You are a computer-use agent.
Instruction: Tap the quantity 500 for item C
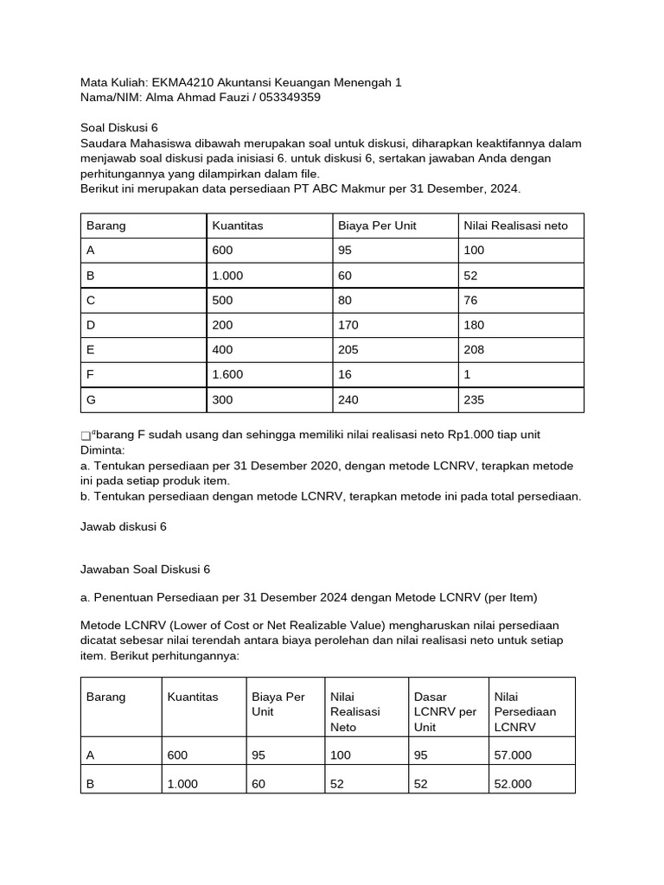coord(222,300)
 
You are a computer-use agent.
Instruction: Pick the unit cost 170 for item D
coord(348,325)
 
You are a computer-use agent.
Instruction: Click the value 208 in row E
coord(474,350)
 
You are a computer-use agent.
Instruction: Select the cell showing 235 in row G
coord(474,400)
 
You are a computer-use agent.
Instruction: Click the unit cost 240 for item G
coord(348,400)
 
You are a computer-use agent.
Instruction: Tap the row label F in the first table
coord(90,375)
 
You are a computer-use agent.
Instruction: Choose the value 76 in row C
coord(470,300)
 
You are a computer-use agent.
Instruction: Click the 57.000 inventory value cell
coord(513,754)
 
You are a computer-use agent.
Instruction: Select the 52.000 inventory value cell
coord(513,784)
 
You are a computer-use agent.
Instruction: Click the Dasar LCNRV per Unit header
coord(445,711)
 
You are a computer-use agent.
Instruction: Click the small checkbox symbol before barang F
coord(85,436)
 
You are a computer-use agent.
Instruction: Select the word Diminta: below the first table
coord(102,449)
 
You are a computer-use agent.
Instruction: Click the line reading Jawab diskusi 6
coord(123,525)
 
